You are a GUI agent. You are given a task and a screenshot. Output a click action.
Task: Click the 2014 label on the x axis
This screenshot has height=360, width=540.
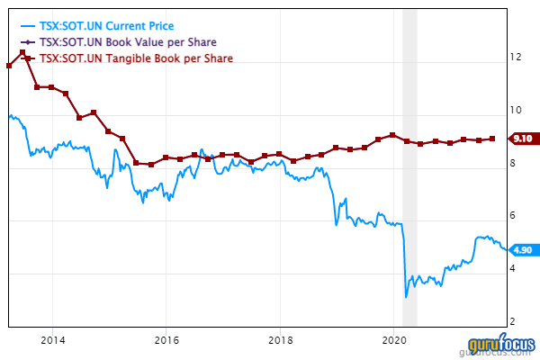pyautogui.click(x=52, y=340)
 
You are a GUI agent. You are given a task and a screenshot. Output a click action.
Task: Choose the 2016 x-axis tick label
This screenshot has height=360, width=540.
pyautogui.click(x=166, y=340)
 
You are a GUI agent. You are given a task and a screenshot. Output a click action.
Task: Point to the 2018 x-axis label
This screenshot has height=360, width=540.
pyautogui.click(x=281, y=340)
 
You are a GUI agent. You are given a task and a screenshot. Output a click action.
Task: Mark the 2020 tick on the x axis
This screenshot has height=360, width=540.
pyautogui.click(x=395, y=340)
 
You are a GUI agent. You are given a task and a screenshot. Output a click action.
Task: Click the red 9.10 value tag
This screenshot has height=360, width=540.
pyautogui.click(x=522, y=139)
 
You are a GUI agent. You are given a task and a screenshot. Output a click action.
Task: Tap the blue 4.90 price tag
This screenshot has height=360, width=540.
pyautogui.click(x=522, y=250)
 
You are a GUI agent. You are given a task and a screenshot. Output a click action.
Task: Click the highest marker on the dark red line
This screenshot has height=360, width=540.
pyautogui.click(x=22, y=53)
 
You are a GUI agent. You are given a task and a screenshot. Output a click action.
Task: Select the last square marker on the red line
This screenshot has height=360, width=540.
pyautogui.click(x=492, y=139)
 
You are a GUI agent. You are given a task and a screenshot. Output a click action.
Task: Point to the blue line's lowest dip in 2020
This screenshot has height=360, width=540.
pyautogui.click(x=406, y=296)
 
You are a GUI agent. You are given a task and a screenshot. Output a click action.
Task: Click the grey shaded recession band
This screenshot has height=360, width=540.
pyautogui.click(x=409, y=180)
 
